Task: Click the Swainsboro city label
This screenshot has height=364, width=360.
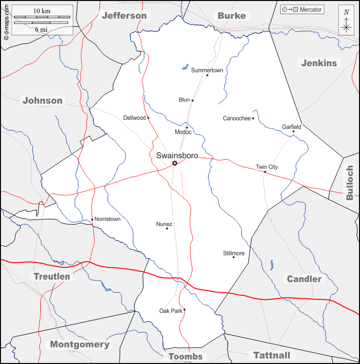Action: pyautogui.click(x=177, y=155)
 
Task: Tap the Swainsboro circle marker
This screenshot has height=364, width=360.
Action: pyautogui.click(x=175, y=163)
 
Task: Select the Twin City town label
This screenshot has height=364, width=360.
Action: pyautogui.click(x=267, y=167)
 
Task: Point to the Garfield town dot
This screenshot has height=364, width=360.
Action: pyautogui.click(x=293, y=132)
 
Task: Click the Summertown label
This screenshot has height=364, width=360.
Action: pyautogui.click(x=207, y=70)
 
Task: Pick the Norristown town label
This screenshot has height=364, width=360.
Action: pyautogui.click(x=108, y=219)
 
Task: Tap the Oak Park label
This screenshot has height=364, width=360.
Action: pyautogui.click(x=171, y=311)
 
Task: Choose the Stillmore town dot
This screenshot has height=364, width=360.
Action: pyautogui.click(x=233, y=257)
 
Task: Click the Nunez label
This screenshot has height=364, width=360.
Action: pyautogui.click(x=164, y=224)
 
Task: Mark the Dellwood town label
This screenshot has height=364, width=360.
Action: pyautogui.click(x=134, y=118)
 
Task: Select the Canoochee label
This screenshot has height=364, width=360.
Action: pyautogui.click(x=237, y=118)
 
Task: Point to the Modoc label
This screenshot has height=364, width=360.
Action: pyautogui.click(x=183, y=132)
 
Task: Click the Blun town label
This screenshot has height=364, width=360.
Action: pyautogui.click(x=184, y=100)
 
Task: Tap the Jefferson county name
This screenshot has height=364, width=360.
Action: pyautogui.click(x=124, y=16)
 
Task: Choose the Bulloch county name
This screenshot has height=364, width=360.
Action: pyautogui.click(x=349, y=183)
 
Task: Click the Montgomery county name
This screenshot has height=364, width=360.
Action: pyautogui.click(x=79, y=344)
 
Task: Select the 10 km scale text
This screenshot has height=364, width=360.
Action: pyautogui.click(x=41, y=11)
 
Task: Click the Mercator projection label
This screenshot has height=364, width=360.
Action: pyautogui.click(x=311, y=10)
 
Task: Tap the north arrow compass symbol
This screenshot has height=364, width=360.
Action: pyautogui.click(x=346, y=21)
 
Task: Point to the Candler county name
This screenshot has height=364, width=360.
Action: pyautogui.click(x=304, y=279)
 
